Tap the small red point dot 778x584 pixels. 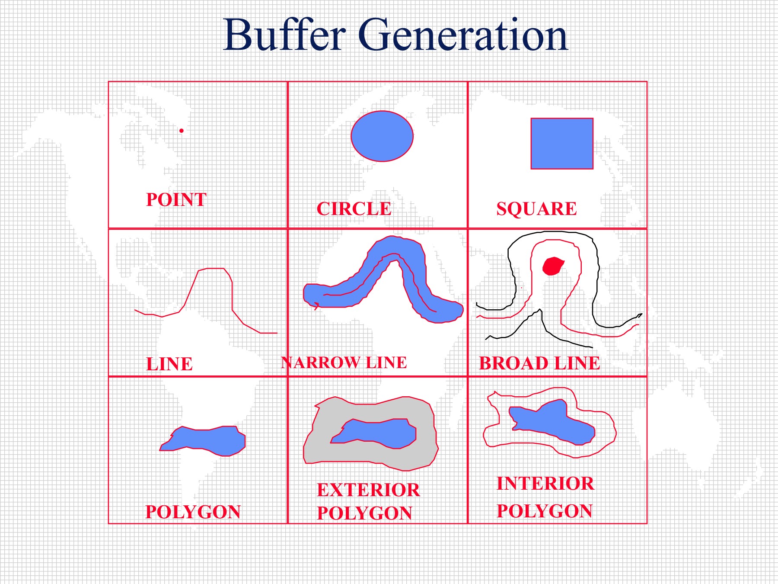tap(182, 131)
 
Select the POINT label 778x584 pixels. tap(176, 199)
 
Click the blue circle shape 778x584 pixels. tap(382, 136)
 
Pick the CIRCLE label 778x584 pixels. tap(354, 209)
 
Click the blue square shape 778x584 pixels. tap(562, 144)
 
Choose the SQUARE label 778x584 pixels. tap(536, 209)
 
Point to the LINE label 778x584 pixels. tap(169, 364)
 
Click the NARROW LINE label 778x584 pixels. tap(344, 363)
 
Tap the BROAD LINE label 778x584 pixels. tap(540, 363)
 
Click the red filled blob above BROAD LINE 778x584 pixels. tap(553, 266)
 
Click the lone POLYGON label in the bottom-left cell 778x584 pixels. tap(193, 512)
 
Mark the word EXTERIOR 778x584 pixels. tap(368, 490)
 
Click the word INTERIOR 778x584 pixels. tap(545, 483)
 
